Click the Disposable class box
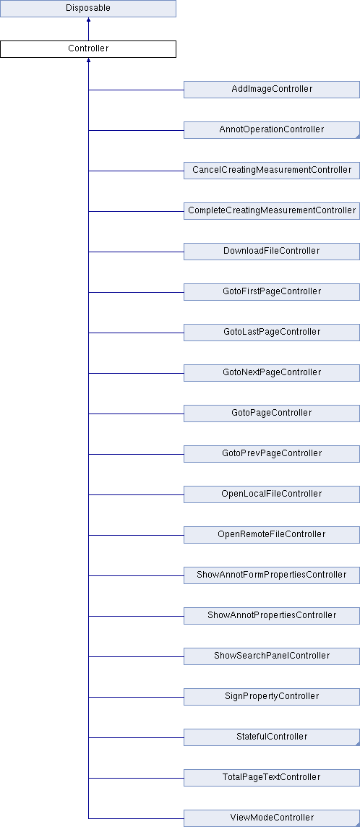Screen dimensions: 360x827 [87, 9]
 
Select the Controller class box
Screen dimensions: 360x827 [87, 49]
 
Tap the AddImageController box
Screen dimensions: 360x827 [272, 90]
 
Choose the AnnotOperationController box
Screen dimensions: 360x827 [272, 129]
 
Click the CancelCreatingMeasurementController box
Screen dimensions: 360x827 [272, 171]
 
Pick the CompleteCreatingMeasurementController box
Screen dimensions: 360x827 [272, 211]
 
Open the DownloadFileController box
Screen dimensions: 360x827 [272, 252]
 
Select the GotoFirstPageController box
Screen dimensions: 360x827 [272, 291]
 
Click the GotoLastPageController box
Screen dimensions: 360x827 [272, 333]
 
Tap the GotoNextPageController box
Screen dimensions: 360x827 [272, 373]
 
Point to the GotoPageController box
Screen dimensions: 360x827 [272, 413]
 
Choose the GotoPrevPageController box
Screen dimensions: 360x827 [272, 453]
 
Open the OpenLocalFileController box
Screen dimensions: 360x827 [272, 494]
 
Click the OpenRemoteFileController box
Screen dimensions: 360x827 [272, 535]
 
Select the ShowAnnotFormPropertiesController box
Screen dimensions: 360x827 [272, 575]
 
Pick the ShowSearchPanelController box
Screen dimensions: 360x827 [272, 656]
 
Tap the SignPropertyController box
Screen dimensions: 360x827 [272, 697]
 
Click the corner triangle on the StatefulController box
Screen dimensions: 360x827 [358, 744]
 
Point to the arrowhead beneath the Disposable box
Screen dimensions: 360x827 [88, 20]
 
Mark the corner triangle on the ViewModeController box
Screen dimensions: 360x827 [358, 824]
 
